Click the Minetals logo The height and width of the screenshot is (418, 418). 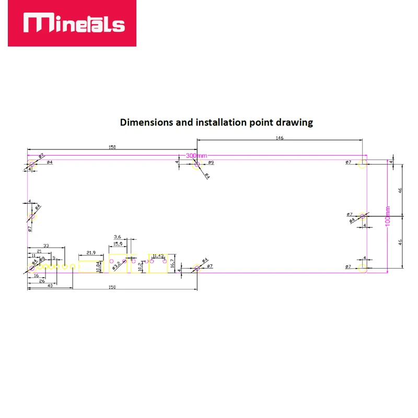[x=72, y=24]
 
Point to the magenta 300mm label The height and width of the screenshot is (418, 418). [x=197, y=156]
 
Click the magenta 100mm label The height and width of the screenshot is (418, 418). [x=387, y=216]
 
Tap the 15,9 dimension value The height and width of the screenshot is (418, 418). [x=118, y=243]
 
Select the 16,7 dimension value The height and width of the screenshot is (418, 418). [x=172, y=264]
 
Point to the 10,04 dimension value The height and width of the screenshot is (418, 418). [x=99, y=265]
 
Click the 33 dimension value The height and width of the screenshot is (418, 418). [x=46, y=245]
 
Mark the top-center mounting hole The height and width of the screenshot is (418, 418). [x=197, y=165]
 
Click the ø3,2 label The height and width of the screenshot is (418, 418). [x=119, y=264]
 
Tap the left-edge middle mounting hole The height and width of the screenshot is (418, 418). [x=31, y=216]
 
